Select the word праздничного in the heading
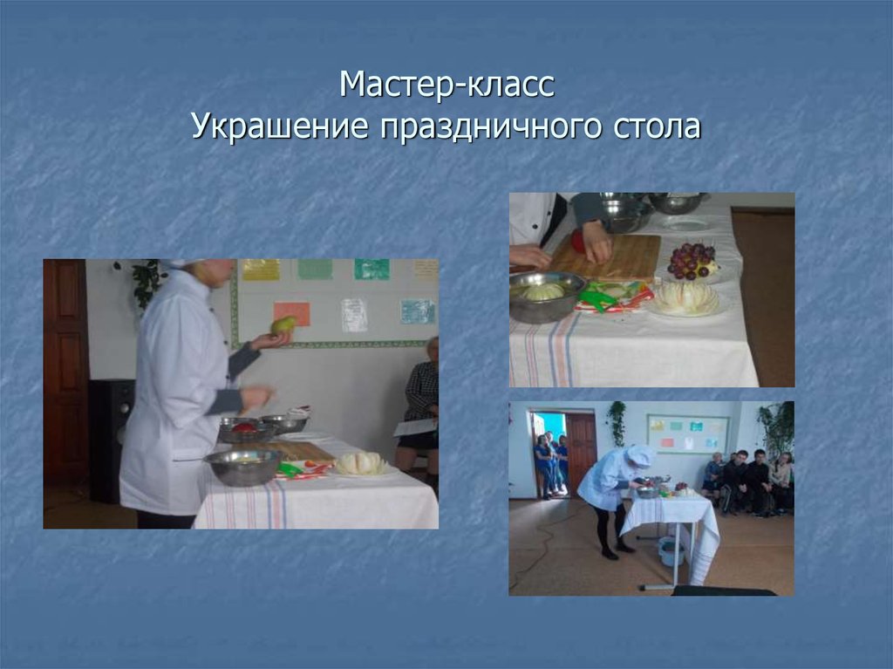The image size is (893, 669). pyautogui.click(x=484, y=127)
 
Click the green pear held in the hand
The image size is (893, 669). pyautogui.click(x=282, y=326)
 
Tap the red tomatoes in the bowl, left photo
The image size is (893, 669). pyautogui.click(x=245, y=427)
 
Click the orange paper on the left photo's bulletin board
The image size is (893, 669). pyautogui.click(x=291, y=313)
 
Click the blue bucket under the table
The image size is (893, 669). pyautogui.click(x=671, y=551)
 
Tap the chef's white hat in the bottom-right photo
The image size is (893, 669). pyautogui.click(x=640, y=455)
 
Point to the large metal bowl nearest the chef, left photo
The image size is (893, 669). pyautogui.click(x=242, y=467)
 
